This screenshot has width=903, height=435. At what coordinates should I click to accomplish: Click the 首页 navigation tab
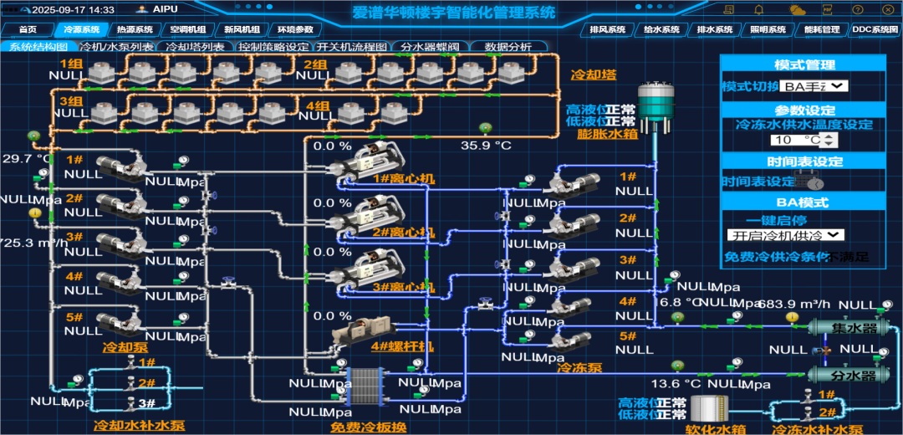pos(28,29)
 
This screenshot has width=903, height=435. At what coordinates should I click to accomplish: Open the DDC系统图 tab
pos(874,29)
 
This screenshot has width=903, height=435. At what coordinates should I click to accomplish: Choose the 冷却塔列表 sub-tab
pos(195,47)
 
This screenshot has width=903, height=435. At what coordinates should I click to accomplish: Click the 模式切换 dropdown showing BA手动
pos(815,85)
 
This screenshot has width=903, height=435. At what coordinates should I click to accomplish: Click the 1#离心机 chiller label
pos(393,179)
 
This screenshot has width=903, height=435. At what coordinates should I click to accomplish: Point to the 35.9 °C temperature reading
pos(486,145)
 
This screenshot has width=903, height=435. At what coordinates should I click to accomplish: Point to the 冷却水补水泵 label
pos(139,426)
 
